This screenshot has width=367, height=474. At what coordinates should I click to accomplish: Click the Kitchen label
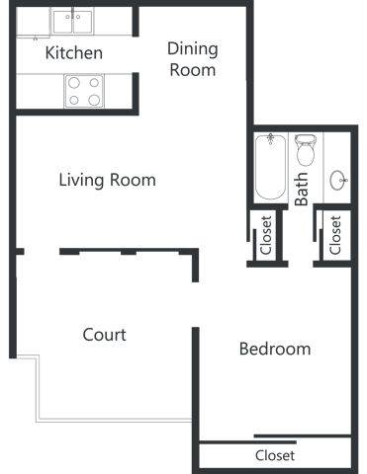[x=74, y=53]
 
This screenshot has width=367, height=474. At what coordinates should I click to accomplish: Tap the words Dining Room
[x=193, y=59]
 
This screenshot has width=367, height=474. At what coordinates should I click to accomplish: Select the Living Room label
[x=107, y=181]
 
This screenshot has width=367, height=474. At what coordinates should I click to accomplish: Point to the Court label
[x=104, y=335]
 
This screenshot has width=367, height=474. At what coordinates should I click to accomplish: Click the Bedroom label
[x=275, y=349]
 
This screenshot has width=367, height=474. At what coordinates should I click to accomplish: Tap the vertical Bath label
[x=301, y=190]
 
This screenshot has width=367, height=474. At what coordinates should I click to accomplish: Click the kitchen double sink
[x=72, y=22]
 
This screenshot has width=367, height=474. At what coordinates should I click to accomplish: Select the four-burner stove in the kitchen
[x=84, y=91]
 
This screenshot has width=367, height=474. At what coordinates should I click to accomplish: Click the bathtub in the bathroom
[x=270, y=167]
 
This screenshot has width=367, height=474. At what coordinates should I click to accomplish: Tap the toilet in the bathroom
[x=305, y=150]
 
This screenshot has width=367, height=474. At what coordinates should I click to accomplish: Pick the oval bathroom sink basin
[x=338, y=180]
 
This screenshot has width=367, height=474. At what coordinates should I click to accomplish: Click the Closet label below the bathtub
[x=266, y=235]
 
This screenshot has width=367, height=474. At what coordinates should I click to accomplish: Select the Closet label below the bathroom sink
[x=335, y=235]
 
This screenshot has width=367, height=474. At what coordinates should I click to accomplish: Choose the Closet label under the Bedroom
[x=275, y=455]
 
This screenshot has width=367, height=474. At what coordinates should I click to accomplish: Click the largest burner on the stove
[x=94, y=100]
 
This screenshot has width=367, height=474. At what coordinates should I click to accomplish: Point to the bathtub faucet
[x=271, y=138]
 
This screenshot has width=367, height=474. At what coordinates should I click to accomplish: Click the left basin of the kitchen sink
[x=62, y=22]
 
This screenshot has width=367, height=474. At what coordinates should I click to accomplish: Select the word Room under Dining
[x=193, y=70]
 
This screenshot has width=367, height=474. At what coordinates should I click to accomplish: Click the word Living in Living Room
[x=81, y=181]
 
